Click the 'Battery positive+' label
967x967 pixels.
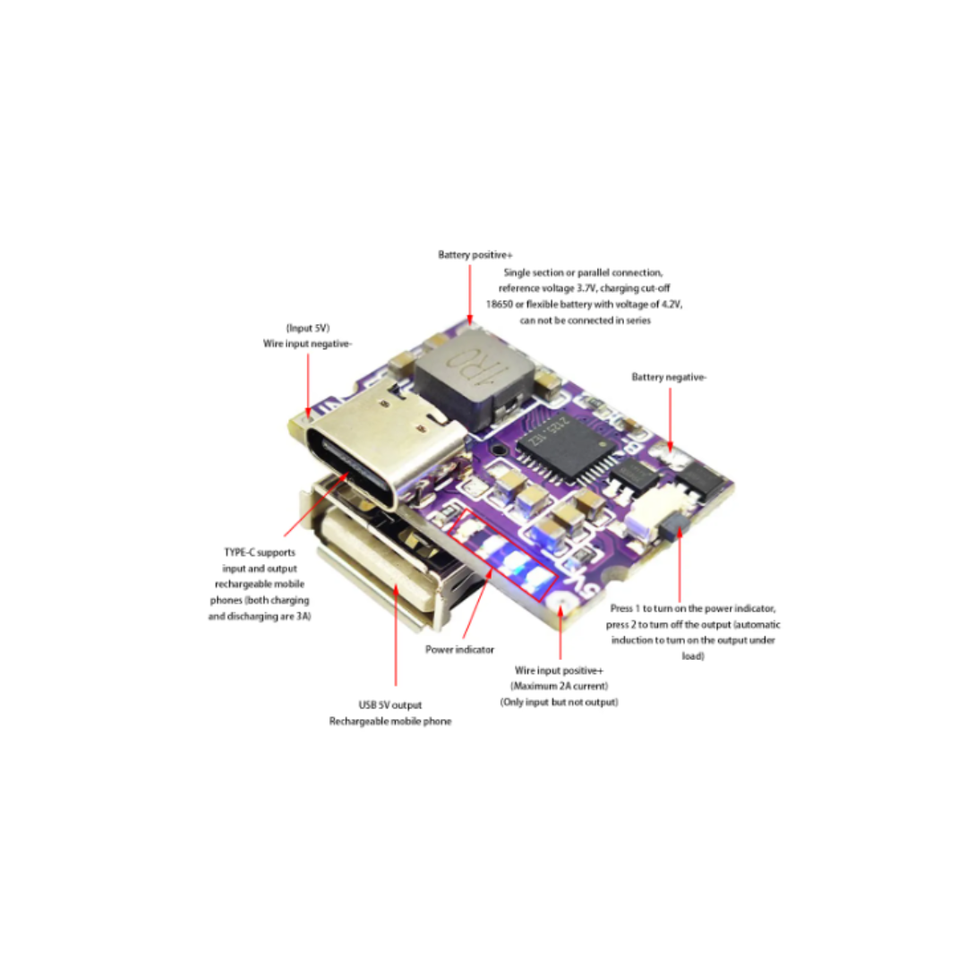tap(475, 254)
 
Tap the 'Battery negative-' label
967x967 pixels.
tap(669, 377)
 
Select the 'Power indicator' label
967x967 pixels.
tap(459, 649)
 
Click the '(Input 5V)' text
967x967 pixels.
tap(308, 328)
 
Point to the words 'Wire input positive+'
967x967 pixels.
tap(559, 671)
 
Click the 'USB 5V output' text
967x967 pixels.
tap(390, 705)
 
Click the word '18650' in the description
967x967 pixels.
tap(499, 304)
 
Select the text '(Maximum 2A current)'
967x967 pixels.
tap(560, 686)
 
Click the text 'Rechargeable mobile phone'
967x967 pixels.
tap(390, 721)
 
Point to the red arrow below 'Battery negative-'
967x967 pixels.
tap(671, 420)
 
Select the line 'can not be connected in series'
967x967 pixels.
tap(586, 320)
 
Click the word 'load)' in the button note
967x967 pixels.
tap(693, 656)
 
